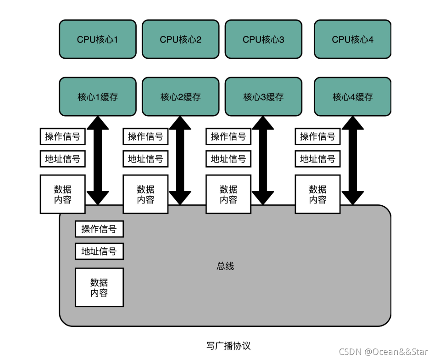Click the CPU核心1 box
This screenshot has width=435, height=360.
98,39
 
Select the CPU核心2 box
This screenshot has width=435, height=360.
181,39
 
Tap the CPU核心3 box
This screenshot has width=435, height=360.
263,39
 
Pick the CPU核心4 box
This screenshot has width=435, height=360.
352,39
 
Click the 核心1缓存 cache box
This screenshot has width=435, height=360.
98,97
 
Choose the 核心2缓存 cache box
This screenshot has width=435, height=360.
181,97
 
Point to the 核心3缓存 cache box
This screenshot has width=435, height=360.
263,97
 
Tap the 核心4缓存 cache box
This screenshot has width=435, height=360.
352,97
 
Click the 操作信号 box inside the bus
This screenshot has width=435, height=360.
99,229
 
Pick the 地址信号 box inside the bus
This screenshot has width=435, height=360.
99,251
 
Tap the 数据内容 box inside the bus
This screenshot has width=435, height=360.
99,287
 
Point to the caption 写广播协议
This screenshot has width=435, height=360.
229,345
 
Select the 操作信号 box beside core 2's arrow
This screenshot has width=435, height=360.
145,136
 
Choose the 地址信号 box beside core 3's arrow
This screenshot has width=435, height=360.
229,159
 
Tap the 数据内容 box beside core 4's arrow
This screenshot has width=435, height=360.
318,194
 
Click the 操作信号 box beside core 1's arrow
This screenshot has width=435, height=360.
62,136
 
